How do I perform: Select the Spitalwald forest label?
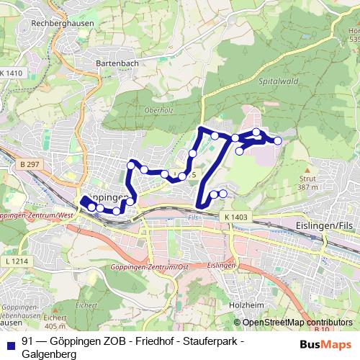point(275,83)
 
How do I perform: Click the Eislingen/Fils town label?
point(325,225)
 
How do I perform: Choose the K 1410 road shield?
point(12,73)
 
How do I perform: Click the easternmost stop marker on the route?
point(278,141)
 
